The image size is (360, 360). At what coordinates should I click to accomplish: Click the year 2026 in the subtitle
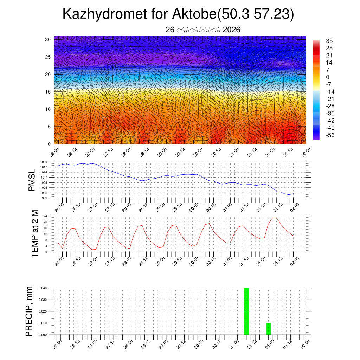[x=231, y=30]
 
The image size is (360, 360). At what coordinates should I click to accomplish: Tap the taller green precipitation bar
[x=246, y=311]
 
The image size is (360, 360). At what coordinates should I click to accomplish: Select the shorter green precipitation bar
[x=268, y=329]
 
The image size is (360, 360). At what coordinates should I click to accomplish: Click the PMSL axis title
[x=32, y=180]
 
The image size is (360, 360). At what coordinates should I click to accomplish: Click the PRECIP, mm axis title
[x=29, y=311]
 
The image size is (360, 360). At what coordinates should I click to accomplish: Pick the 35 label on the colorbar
[x=329, y=41]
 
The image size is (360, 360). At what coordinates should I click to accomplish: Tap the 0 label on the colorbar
[x=328, y=77]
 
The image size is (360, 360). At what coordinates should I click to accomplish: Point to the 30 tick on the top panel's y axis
[x=48, y=39]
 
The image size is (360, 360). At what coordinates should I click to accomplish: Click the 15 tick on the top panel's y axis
[x=48, y=92]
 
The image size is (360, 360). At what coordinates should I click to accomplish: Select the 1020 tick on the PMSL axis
[x=44, y=162]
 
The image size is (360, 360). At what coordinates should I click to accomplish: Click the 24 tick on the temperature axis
[x=45, y=216]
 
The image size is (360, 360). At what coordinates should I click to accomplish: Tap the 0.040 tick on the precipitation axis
[x=43, y=288]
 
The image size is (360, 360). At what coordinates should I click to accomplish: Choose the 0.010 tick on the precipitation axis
[x=43, y=323]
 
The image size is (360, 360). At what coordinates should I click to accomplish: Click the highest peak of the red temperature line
[x=275, y=218]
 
